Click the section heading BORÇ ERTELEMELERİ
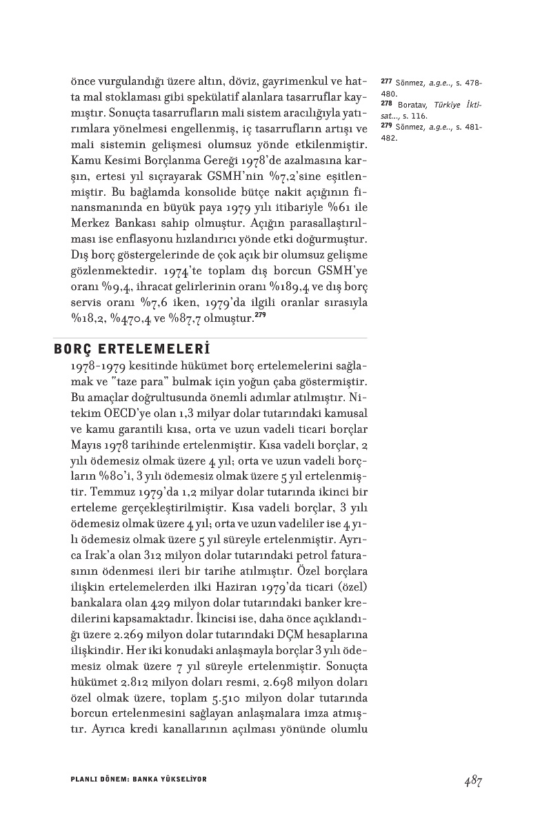131,347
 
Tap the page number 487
472,780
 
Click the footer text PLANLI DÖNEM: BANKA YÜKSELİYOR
139,779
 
